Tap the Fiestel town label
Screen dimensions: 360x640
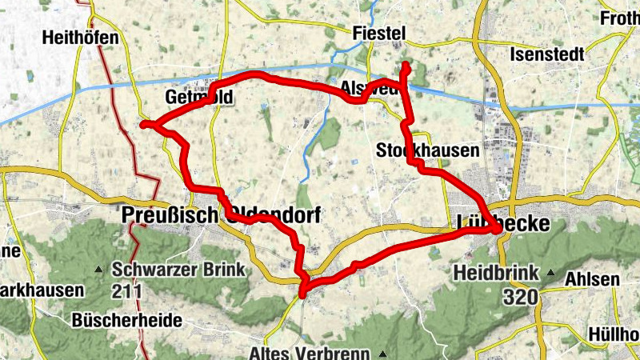click(x=379, y=33)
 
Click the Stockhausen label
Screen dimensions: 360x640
click(x=427, y=150)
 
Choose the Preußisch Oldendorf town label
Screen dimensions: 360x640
click(x=221, y=215)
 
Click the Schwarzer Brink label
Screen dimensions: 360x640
click(x=178, y=270)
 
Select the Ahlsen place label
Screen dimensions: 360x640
click(x=592, y=279)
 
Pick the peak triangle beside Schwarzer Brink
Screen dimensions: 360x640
click(x=100, y=269)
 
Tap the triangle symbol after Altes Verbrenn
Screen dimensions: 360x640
click(x=383, y=353)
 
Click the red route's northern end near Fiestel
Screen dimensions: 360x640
click(x=406, y=66)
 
